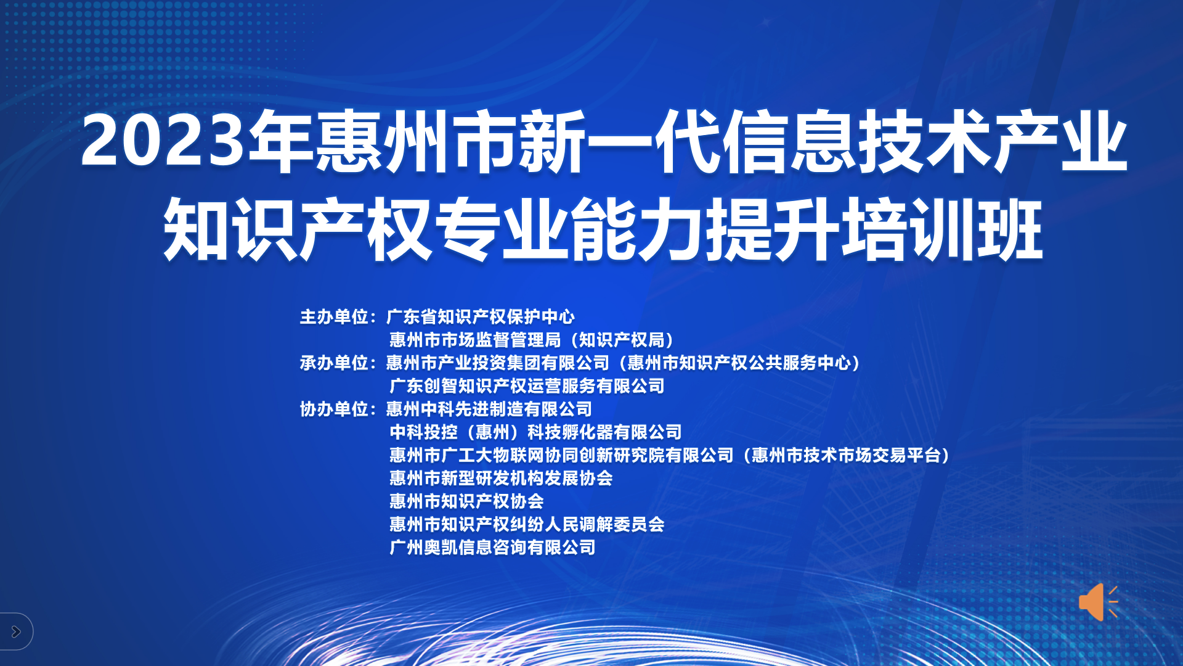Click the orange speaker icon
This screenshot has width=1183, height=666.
(x=1098, y=601)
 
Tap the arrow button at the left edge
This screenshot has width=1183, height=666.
(x=16, y=631)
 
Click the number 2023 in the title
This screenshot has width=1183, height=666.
(x=163, y=141)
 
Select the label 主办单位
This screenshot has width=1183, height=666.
(x=334, y=317)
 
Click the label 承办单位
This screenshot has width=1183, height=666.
(x=334, y=363)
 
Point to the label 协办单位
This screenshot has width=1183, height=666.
(x=334, y=409)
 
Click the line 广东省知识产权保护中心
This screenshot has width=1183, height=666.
(x=481, y=317)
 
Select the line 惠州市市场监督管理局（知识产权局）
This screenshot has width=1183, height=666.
(x=532, y=340)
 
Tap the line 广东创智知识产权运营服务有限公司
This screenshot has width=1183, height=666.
(x=527, y=386)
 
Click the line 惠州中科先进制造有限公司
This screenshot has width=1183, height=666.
(x=489, y=409)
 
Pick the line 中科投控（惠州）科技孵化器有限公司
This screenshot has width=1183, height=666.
(x=535, y=432)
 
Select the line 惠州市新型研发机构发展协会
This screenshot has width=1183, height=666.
(x=501, y=478)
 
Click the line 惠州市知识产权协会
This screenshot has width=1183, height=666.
(x=466, y=501)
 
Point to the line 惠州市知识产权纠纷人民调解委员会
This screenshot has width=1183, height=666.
(x=527, y=524)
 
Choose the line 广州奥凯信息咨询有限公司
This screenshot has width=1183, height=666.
(x=492, y=547)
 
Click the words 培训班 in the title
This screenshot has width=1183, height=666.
(x=943, y=229)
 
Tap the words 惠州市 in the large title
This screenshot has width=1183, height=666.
(x=416, y=141)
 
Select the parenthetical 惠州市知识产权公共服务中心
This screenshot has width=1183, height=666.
(x=739, y=363)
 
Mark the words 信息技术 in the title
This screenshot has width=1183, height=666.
(x=856, y=141)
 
